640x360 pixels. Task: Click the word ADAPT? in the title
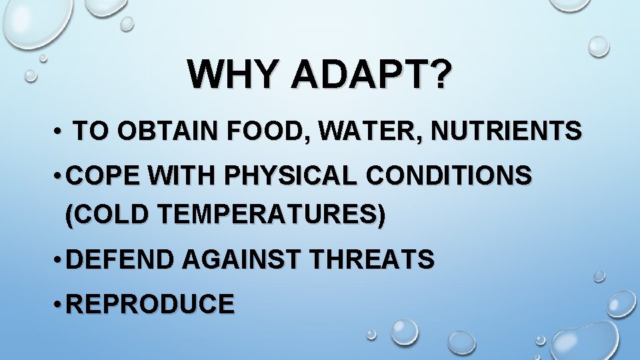pos(369,75)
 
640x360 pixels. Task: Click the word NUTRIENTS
pos(506,131)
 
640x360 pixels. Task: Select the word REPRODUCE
pos(151,303)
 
